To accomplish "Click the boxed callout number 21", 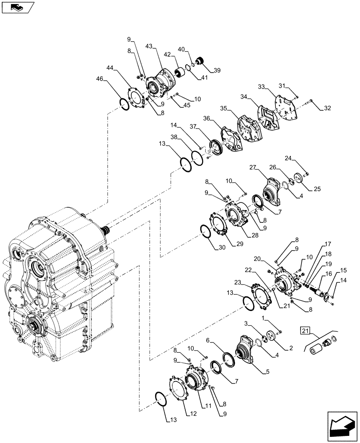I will (305, 330).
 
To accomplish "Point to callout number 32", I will (327, 108).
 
